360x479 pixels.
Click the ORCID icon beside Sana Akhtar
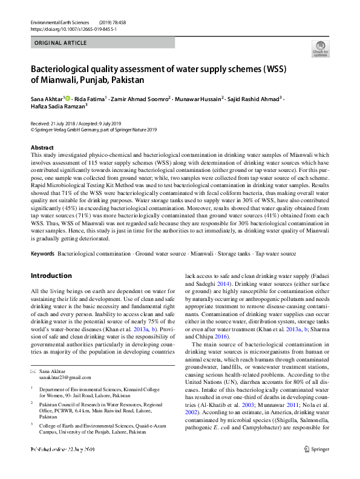tap(68, 98)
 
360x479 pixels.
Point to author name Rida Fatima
tap(90, 98)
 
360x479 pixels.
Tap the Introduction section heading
tap(51, 276)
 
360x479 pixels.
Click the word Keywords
tap(42, 252)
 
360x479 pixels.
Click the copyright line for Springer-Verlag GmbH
tap(94, 129)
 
